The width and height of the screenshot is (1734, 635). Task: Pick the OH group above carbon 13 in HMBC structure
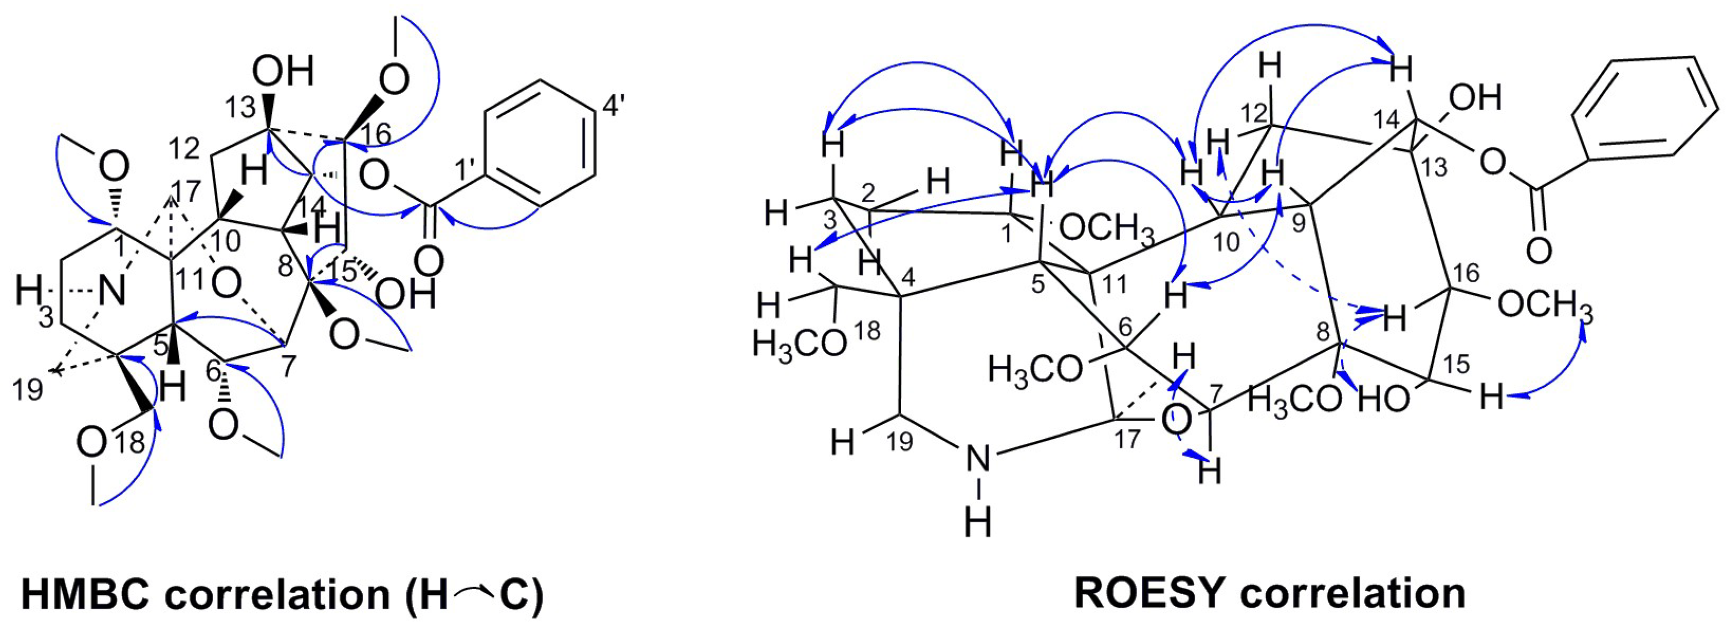pos(283,71)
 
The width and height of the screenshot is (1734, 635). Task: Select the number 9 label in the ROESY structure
pos(1298,223)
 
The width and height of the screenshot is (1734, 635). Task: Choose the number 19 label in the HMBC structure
pos(28,389)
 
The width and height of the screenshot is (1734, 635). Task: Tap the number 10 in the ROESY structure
pos(1227,241)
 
